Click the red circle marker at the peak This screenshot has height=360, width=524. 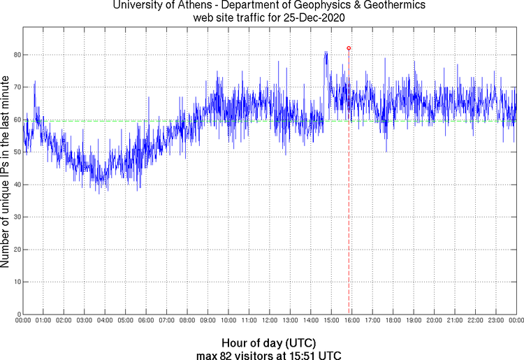349,48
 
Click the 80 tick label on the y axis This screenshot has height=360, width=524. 15,55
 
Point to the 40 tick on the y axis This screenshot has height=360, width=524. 15,185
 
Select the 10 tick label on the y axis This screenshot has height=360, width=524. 15,282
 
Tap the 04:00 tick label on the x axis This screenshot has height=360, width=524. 105,320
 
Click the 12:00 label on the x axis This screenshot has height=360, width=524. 270,320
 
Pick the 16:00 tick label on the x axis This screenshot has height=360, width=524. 352,320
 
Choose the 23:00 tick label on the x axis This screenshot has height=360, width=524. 496,320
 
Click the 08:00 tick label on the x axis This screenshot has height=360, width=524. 187,320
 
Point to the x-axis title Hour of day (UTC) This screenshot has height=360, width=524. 268,343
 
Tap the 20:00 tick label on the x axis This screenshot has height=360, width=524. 435,320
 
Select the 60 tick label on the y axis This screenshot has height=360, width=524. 15,120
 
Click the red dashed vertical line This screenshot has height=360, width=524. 349,210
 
